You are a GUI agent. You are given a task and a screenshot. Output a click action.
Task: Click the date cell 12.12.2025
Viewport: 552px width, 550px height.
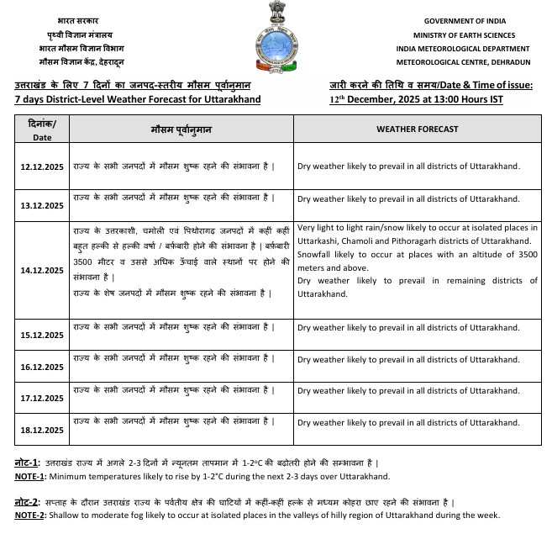(x=42, y=166)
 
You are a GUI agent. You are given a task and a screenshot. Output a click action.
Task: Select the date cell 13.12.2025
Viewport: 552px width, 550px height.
(x=42, y=205)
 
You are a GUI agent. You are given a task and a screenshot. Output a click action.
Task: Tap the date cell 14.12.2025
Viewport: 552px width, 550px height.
(x=42, y=270)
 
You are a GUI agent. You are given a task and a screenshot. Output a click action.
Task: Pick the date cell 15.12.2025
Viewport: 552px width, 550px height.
(x=42, y=335)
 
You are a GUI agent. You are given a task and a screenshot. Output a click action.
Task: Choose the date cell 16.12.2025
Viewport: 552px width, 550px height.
(x=42, y=367)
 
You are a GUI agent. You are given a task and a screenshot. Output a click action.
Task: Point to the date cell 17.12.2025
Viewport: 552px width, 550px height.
(x=42, y=399)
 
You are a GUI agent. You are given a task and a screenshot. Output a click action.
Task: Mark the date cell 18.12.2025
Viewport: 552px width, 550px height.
(x=42, y=430)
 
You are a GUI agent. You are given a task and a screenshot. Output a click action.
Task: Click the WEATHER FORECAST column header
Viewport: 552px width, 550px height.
(x=417, y=129)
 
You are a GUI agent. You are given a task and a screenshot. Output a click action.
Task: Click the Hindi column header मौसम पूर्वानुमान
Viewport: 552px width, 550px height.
(x=181, y=129)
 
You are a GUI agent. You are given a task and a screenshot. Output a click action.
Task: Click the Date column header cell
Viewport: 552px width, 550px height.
(x=42, y=130)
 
